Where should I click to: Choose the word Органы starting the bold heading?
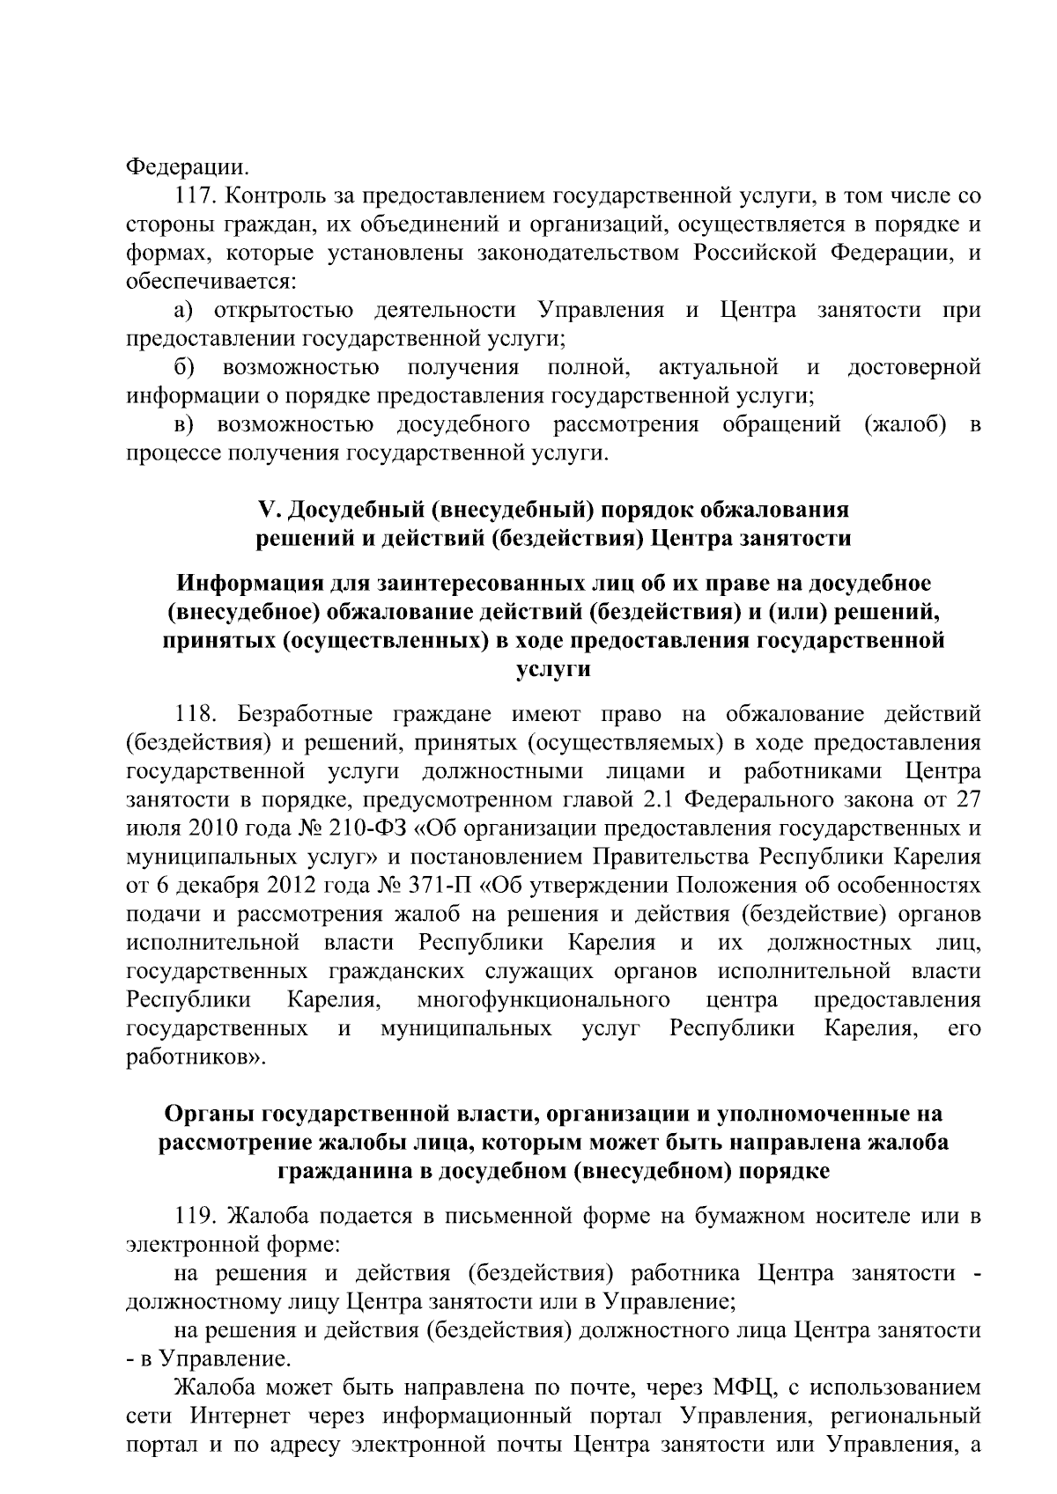pyautogui.click(x=205, y=1114)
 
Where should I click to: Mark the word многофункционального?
pyautogui.click(x=543, y=1000)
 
